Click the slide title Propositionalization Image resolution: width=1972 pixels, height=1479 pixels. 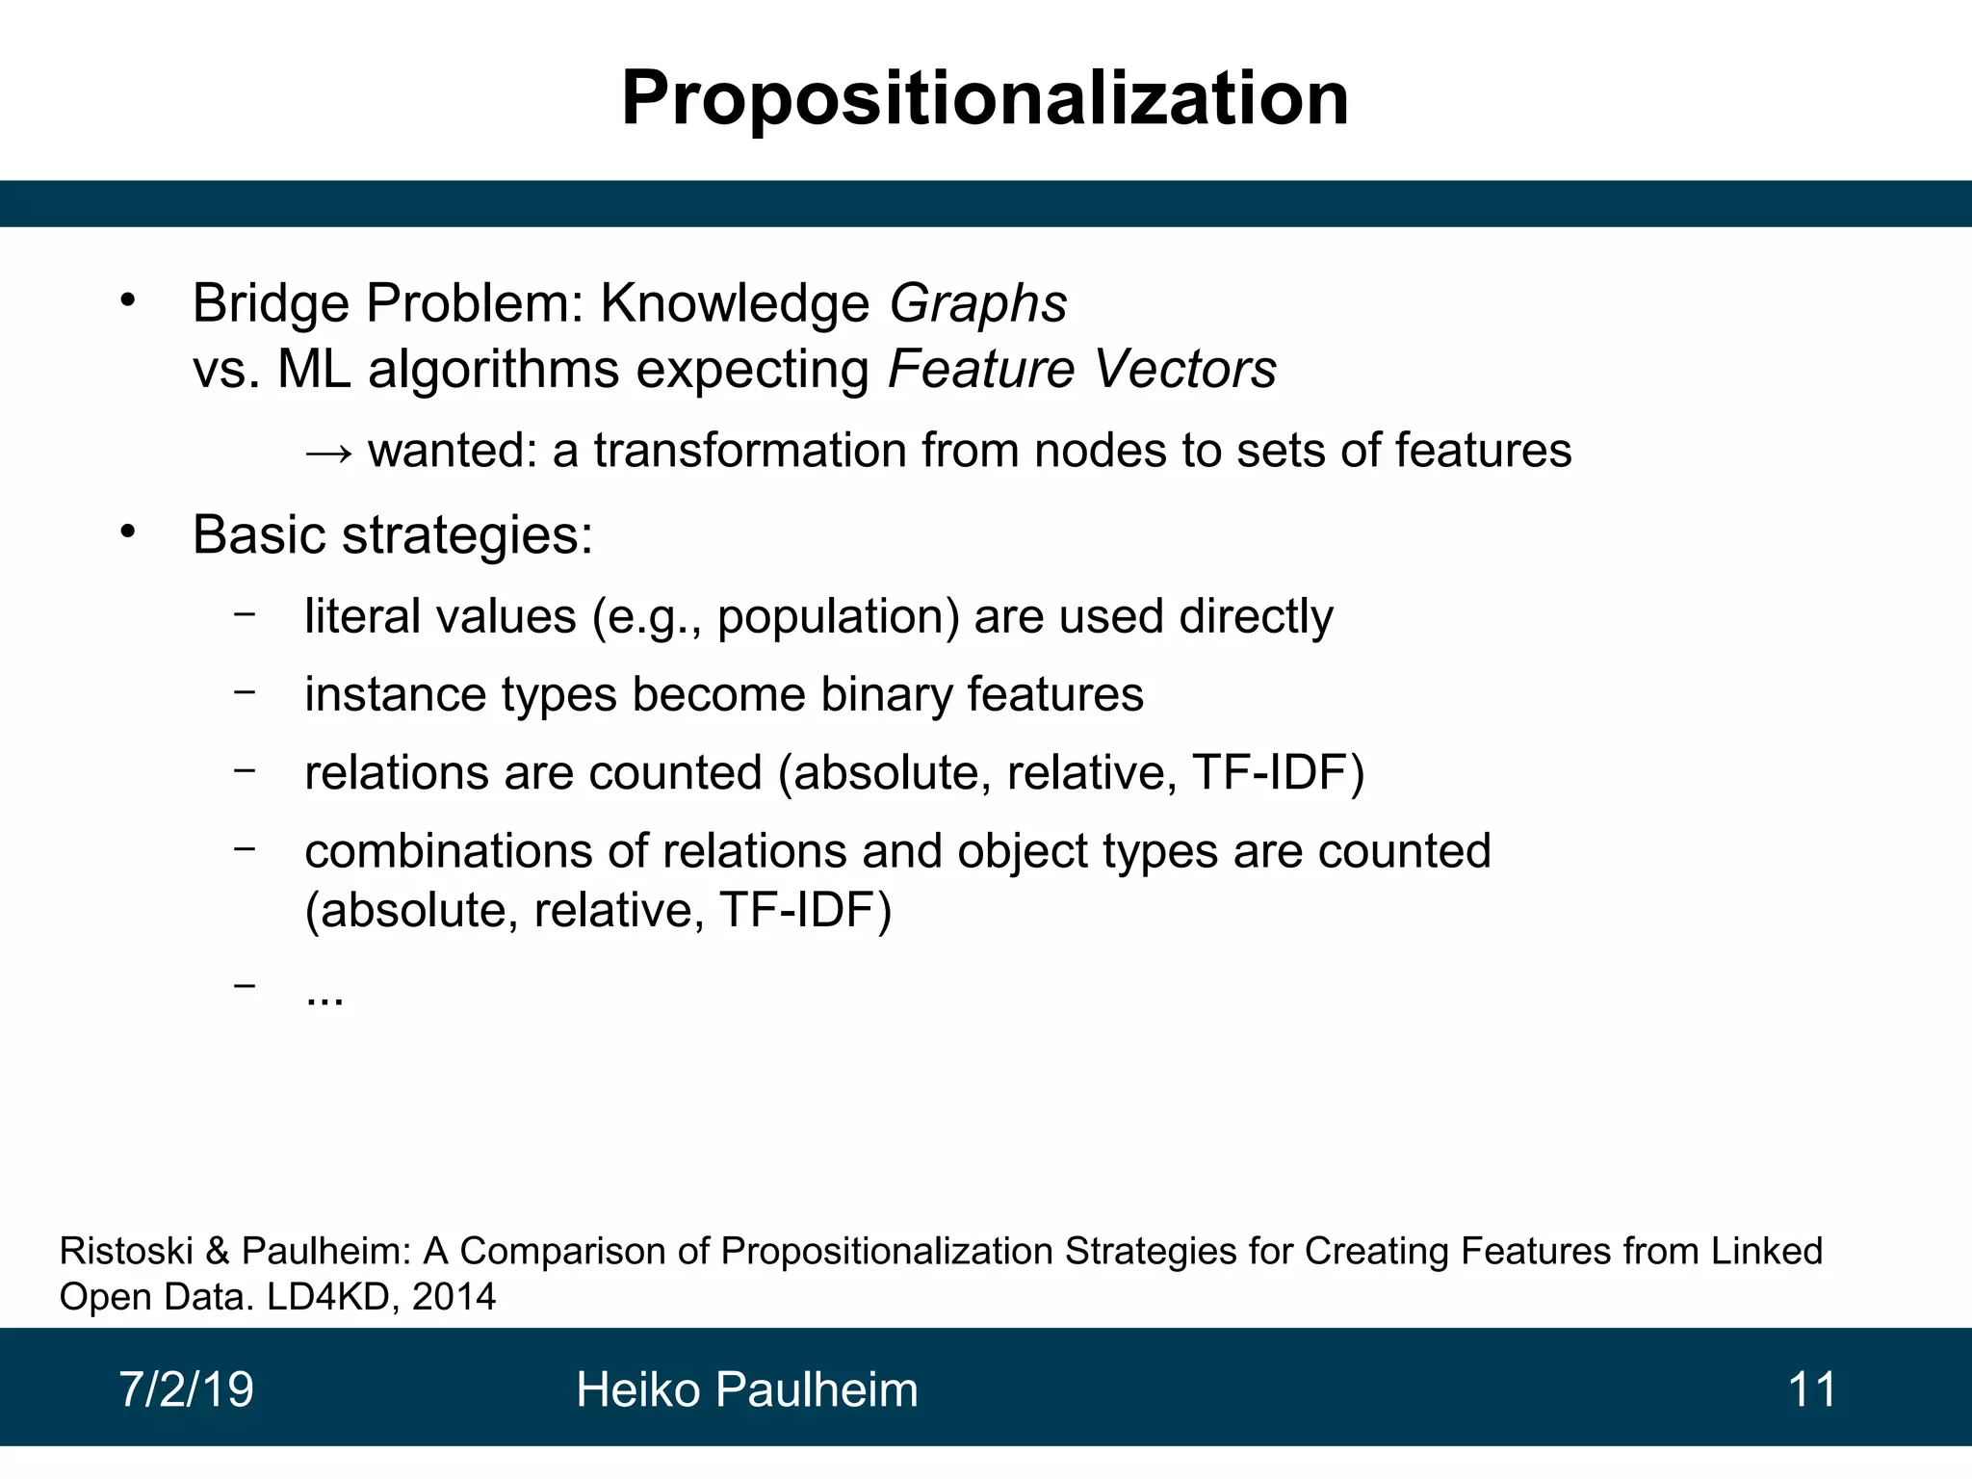click(984, 98)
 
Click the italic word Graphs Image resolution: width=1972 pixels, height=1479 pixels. click(977, 303)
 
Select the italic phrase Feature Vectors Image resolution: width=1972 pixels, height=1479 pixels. click(1081, 369)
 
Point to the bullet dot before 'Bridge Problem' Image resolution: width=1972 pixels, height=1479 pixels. click(128, 301)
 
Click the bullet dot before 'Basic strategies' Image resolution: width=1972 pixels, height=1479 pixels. click(128, 532)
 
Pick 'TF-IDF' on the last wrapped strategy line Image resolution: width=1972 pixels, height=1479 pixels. click(796, 910)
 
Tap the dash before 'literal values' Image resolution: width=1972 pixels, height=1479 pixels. click(245, 612)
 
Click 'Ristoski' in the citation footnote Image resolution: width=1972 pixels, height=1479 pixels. click(126, 1251)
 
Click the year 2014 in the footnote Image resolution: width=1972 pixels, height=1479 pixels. click(454, 1297)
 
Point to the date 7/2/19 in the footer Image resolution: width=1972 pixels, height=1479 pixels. click(186, 1389)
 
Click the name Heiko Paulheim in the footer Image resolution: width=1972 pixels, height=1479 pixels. click(746, 1389)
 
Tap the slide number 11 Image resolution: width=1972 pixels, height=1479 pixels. click(1811, 1389)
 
